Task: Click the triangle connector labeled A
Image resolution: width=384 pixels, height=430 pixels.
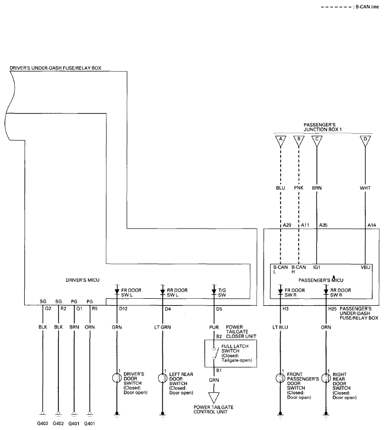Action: coord(281,141)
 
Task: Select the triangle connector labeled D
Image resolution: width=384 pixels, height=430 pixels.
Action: coord(365,141)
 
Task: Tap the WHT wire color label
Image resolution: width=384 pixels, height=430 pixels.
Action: coord(365,188)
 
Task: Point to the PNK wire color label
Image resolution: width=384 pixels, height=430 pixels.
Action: coord(298,188)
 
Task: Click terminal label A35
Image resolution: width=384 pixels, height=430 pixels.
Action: coord(323,225)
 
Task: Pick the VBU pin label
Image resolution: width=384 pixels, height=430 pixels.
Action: coord(365,267)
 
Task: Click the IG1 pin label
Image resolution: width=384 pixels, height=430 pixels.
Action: coord(316,267)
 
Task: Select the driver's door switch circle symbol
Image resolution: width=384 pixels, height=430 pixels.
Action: coord(117,378)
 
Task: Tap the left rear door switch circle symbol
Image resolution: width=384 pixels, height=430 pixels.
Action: coord(163,378)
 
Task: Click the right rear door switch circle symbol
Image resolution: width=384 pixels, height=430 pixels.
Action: coord(326,378)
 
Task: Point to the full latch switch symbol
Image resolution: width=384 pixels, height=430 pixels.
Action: coord(215,354)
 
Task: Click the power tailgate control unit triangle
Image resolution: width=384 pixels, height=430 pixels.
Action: coord(214,397)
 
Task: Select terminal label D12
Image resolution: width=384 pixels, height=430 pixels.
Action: coord(123,309)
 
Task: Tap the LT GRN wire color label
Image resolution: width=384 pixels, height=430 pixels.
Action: coord(162,327)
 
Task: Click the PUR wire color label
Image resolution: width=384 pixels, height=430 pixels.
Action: coord(214,327)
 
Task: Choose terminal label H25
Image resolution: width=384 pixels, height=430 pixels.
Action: coord(333,309)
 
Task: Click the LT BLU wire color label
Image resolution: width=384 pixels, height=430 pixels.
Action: coord(280,327)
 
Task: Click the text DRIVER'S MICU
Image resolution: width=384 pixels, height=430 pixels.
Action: coord(83,280)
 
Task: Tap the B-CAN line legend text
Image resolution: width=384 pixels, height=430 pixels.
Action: coord(367,7)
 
